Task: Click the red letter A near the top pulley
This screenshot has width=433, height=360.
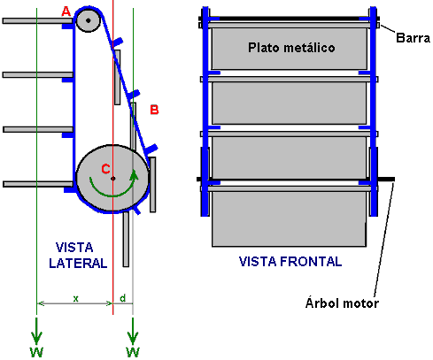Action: click(66, 11)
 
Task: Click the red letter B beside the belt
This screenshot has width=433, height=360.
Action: click(154, 110)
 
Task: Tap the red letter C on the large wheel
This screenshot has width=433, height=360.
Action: click(105, 169)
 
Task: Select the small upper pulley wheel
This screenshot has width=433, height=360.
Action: click(89, 20)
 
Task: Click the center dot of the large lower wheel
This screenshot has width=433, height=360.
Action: click(112, 179)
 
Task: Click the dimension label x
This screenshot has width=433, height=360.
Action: click(76, 299)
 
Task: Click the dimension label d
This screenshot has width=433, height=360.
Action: click(123, 298)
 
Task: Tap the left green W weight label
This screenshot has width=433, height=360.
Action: click(36, 352)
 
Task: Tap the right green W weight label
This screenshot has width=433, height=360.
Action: click(133, 352)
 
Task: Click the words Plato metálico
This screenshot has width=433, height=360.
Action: click(291, 48)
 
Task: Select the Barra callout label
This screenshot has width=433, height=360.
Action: click(413, 38)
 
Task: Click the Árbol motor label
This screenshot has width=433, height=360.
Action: click(342, 303)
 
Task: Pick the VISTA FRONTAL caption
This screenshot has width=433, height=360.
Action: click(290, 262)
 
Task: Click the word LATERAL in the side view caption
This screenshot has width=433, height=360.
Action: click(78, 263)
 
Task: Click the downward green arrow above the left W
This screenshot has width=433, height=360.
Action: click(36, 331)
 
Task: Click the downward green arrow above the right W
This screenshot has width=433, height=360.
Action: click(133, 331)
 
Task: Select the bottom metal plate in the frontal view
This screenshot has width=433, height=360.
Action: click(290, 218)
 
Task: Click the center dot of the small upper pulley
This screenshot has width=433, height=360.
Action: click(89, 20)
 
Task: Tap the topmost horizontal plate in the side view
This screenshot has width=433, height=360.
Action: click(37, 20)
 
